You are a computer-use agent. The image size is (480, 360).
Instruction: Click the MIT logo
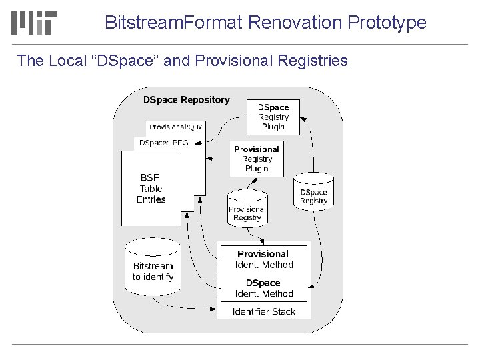tap(34, 22)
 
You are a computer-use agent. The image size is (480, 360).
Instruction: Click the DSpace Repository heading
tap(187, 100)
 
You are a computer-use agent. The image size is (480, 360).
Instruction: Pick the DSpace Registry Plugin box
tap(273, 117)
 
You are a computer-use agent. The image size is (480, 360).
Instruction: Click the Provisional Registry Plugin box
tap(257, 159)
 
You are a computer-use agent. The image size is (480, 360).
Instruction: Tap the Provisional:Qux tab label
tap(175, 127)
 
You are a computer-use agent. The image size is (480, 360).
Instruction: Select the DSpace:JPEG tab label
tap(164, 143)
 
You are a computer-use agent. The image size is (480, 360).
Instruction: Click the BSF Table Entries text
tap(151, 189)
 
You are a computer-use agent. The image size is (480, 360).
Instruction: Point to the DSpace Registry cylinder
tap(313, 193)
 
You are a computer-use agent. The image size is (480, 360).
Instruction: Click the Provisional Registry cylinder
tap(247, 210)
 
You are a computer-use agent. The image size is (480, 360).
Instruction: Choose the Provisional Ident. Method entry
tap(264, 259)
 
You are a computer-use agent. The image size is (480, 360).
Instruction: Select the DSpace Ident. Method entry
tap(264, 288)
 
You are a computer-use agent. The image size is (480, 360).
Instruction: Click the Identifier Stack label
tap(264, 311)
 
